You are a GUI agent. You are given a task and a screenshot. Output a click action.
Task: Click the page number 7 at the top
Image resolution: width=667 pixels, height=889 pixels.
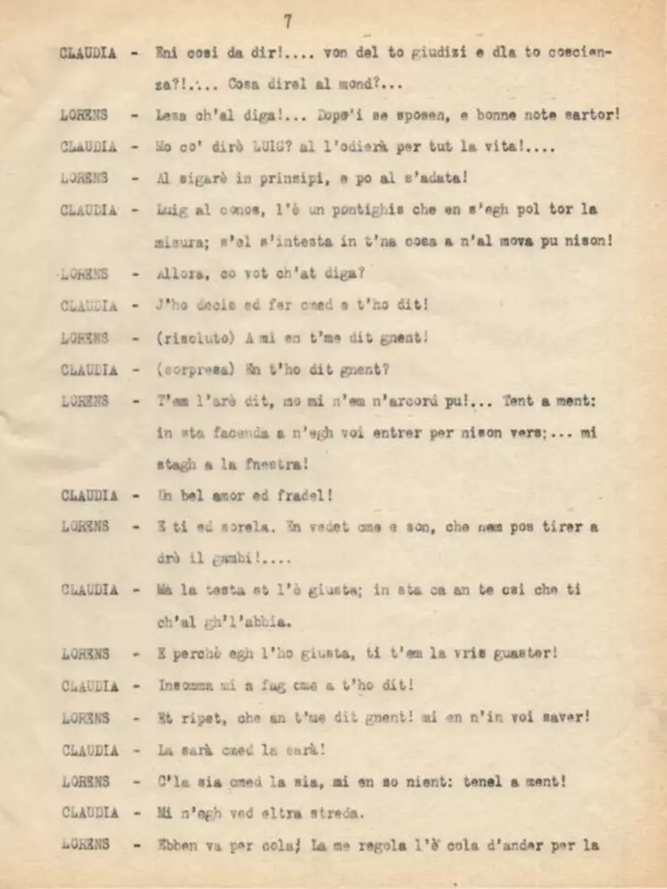tap(288, 22)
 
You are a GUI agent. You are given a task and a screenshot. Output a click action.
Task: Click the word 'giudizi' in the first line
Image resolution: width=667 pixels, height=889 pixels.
tap(435, 52)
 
